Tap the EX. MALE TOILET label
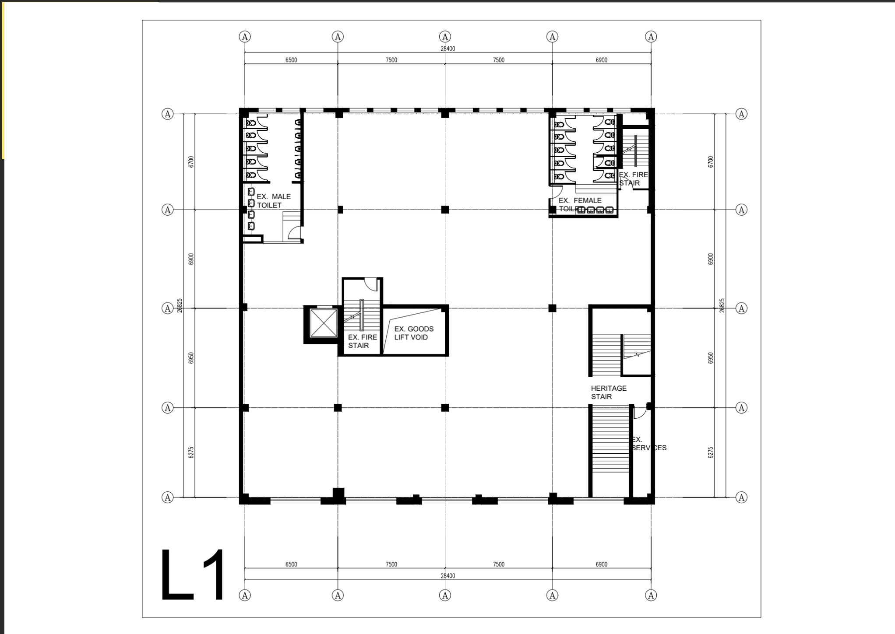click(273, 201)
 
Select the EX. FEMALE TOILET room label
click(580, 204)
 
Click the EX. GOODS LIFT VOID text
click(413, 333)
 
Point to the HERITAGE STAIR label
click(608, 392)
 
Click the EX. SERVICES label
click(648, 444)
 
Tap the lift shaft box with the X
click(324, 323)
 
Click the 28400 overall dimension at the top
click(447, 49)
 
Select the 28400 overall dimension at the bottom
click(447, 576)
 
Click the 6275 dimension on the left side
click(191, 452)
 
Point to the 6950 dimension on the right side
click(710, 358)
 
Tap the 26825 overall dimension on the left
click(180, 305)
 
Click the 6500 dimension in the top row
click(291, 60)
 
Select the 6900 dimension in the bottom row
click(601, 564)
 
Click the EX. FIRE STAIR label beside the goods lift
click(362, 341)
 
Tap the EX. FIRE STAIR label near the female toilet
click(633, 179)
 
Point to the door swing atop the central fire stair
click(372, 284)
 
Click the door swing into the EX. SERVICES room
click(639, 412)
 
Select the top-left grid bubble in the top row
click(245, 37)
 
